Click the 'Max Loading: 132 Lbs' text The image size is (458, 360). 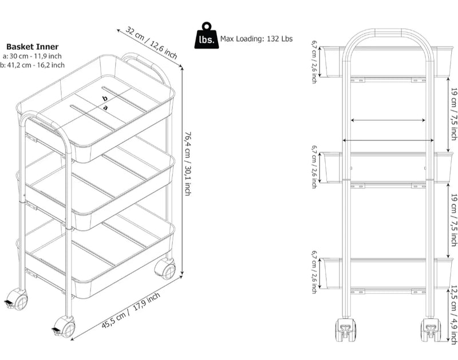(x=256, y=39)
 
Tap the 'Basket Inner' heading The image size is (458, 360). (x=33, y=47)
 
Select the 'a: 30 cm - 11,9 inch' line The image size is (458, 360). (x=32, y=56)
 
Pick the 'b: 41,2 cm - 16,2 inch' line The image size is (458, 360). (x=32, y=65)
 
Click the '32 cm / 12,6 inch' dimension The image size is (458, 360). (x=152, y=42)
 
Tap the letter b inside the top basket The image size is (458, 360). (x=105, y=98)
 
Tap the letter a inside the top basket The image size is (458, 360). (x=105, y=108)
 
